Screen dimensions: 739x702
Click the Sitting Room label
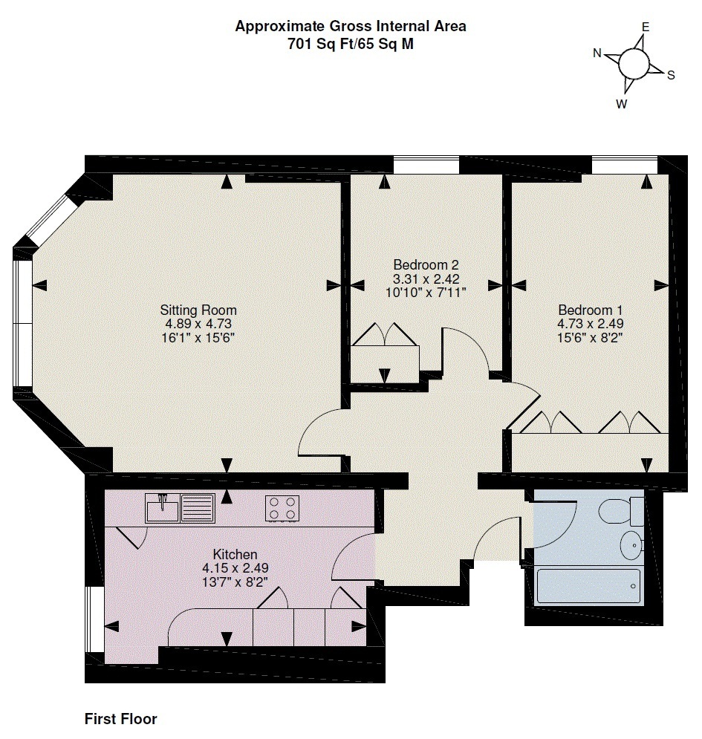point(198,310)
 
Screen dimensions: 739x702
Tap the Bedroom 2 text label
point(426,265)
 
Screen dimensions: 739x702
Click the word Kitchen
point(235,554)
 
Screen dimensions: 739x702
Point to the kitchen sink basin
point(163,510)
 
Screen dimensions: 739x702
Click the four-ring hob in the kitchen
point(282,508)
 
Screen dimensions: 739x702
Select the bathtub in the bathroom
point(588,587)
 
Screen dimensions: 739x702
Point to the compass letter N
point(597,53)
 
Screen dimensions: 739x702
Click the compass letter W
point(621,104)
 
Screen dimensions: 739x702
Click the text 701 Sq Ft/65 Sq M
point(351,43)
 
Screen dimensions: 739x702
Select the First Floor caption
point(120,719)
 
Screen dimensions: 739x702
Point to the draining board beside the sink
point(198,509)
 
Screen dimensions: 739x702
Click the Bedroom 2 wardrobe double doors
point(386,336)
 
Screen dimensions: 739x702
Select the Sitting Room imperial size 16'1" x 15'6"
point(198,337)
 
